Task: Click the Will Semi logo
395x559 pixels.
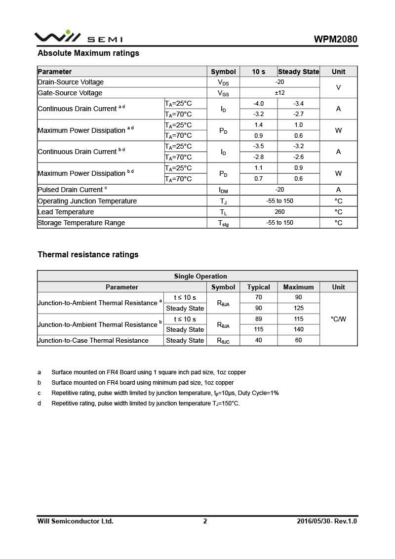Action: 78,37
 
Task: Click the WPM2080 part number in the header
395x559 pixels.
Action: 335,40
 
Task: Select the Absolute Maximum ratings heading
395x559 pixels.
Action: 88,53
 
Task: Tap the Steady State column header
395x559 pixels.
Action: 298,72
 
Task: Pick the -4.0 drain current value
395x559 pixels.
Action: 258,104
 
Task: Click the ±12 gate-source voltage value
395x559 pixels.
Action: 279,93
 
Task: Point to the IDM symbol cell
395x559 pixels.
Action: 223,190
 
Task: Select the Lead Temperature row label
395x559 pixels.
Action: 66,212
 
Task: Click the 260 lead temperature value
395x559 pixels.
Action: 279,212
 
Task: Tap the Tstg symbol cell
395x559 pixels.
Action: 223,223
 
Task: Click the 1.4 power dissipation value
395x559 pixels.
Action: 258,125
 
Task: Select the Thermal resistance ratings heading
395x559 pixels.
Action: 88,254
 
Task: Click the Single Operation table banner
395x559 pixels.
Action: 200,276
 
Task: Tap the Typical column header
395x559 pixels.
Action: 258,287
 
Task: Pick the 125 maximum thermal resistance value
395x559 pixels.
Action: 298,308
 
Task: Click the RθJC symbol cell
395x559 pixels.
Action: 223,341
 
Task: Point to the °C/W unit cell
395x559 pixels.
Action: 338,319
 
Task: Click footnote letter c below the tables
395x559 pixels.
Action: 39,393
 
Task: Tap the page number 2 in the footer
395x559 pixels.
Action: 205,521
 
